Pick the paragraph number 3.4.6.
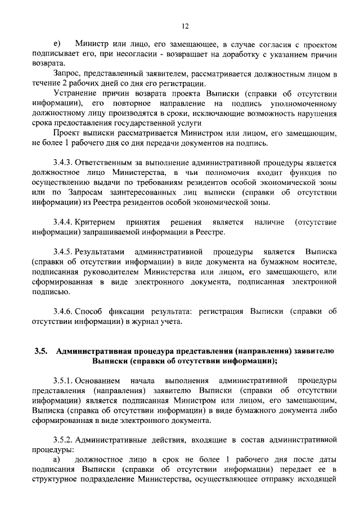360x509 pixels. click(x=63, y=311)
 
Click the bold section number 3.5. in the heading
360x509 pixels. click(x=41, y=352)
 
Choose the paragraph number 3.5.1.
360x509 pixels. click(x=63, y=382)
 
